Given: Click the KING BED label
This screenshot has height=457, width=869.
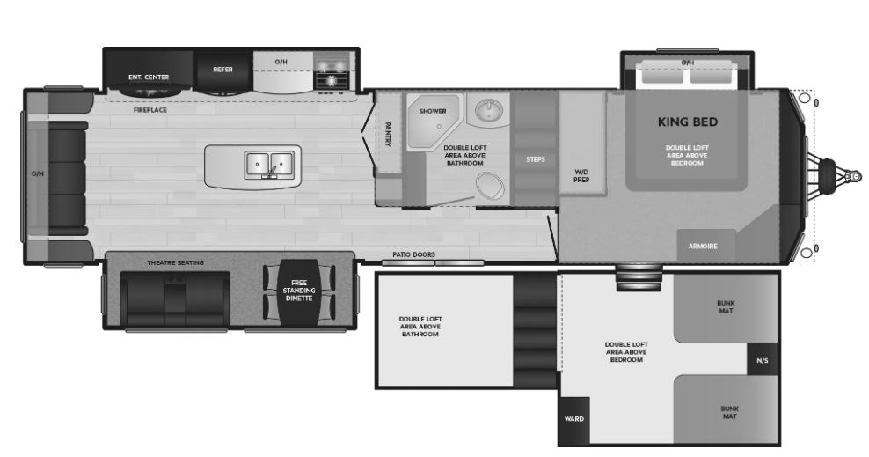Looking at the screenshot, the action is pos(687,122).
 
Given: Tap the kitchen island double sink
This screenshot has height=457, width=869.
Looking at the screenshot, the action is pos(269,166).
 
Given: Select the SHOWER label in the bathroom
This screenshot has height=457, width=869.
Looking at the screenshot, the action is pos(433,111).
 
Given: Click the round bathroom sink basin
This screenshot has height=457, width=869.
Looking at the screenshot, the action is pos(487,110).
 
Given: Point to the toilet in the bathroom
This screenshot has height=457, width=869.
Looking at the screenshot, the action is pos(490,186).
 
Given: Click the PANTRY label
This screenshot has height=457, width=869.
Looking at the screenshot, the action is pos(387,134).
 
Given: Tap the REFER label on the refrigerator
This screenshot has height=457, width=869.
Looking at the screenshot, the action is pos(223,70).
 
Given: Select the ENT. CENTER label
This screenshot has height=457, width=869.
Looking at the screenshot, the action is pos(149,77).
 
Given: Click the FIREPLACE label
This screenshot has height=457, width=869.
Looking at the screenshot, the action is pos(150,110).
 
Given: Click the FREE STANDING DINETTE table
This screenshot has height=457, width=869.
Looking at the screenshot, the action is pos(299,292).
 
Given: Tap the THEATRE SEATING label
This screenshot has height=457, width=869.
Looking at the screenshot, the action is pos(175,262).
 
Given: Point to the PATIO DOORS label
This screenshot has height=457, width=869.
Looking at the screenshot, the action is pos(414,254).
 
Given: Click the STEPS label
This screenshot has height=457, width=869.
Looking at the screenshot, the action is pos(536,159).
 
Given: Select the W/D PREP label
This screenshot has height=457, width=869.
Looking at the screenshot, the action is pos(581,176).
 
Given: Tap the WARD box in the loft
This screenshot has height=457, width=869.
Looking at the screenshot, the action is pos(574,420).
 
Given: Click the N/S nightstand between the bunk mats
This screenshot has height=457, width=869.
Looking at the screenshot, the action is pos(763,359).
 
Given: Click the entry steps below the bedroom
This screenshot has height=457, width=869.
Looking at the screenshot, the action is pos(639,277).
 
